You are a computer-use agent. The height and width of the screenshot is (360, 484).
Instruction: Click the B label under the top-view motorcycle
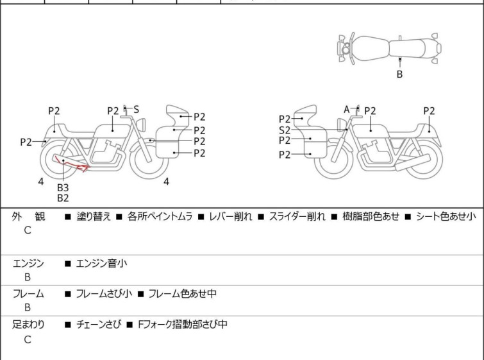point(399,74)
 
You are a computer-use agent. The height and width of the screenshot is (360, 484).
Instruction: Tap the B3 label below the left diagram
point(63,187)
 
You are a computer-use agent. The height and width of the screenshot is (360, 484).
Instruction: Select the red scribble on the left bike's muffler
point(71,164)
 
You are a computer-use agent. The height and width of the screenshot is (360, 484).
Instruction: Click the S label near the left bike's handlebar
point(136,109)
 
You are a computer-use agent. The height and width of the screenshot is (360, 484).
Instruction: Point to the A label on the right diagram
point(347,109)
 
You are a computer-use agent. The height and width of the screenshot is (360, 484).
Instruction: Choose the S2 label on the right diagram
point(285,130)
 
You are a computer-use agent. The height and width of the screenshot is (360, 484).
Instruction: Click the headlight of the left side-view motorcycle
point(141,124)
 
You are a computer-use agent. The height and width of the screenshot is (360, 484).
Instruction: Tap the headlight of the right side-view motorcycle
point(342,124)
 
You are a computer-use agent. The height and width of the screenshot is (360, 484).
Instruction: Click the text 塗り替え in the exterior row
point(94,216)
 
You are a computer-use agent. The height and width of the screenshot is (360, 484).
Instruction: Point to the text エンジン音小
point(101,264)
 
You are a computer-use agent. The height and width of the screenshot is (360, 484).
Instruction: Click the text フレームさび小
point(104,293)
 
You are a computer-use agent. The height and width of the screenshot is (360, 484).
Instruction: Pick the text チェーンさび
point(99,324)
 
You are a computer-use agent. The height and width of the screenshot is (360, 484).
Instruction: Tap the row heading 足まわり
point(28,324)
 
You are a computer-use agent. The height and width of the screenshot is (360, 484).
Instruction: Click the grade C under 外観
point(28,230)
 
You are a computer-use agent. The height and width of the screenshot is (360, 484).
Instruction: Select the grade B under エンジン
point(28,277)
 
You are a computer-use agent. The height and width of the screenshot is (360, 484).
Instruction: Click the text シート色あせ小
point(446,216)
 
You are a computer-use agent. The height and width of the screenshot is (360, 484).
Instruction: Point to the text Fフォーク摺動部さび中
point(183,324)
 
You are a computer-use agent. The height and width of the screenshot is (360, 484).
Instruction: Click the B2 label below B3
point(63,198)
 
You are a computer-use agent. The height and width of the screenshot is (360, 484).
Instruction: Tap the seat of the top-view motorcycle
point(407,49)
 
